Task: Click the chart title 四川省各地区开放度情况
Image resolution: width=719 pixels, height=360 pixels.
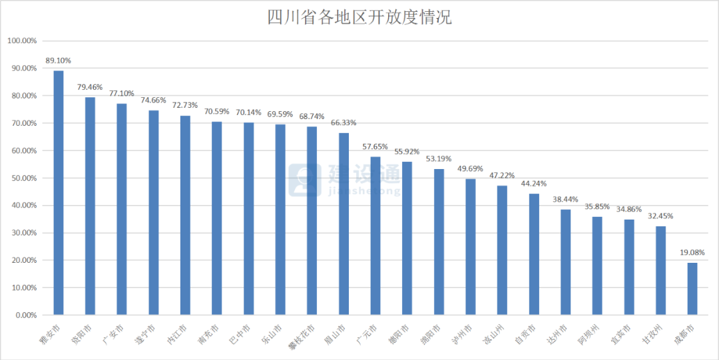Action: pyautogui.click(x=359, y=17)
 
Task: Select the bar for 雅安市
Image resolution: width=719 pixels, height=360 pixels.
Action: pyautogui.click(x=59, y=193)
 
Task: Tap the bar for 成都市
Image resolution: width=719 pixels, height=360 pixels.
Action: pyautogui.click(x=692, y=289)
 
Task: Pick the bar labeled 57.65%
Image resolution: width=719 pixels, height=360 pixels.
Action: pyautogui.click(x=375, y=236)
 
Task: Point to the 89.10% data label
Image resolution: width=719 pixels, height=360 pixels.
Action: pyautogui.click(x=59, y=61)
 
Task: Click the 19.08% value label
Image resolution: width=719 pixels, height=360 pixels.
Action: pyautogui.click(x=692, y=253)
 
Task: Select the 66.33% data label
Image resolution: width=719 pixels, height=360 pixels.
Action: pyautogui.click(x=344, y=123)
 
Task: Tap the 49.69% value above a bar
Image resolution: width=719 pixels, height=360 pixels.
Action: pyautogui.click(x=471, y=169)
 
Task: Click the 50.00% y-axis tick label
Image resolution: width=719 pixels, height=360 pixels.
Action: pyautogui.click(x=24, y=178)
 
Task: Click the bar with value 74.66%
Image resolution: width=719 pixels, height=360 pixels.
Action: pyautogui.click(x=154, y=212)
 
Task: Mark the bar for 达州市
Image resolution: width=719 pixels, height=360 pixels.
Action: pyautogui.click(x=566, y=262)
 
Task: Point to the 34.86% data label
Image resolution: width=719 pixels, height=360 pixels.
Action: pyautogui.click(x=629, y=210)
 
